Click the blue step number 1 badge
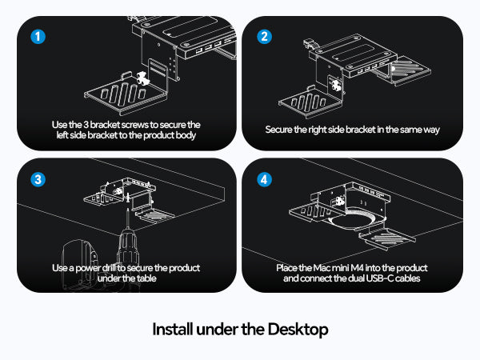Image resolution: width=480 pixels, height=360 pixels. (x=38, y=37)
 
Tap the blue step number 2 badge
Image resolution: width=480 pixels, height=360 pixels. (x=264, y=37)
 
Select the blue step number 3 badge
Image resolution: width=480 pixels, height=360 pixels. (x=38, y=179)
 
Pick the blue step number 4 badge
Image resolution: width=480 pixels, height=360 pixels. (x=264, y=179)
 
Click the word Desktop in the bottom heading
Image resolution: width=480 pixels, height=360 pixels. (x=298, y=330)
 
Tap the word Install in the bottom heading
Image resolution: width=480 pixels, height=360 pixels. (x=173, y=329)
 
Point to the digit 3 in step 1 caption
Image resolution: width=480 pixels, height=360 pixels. (x=86, y=125)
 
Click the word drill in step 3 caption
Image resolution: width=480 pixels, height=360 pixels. (x=109, y=268)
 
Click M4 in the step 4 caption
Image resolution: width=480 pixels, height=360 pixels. (x=358, y=268)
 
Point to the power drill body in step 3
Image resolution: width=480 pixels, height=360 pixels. (x=128, y=248)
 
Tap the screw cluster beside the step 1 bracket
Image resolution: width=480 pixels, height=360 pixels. (x=142, y=78)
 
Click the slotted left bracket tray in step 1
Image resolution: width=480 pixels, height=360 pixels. (x=126, y=94)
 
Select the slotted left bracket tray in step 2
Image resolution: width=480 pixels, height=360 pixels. (x=310, y=102)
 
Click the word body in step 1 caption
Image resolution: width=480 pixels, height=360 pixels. (x=186, y=135)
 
